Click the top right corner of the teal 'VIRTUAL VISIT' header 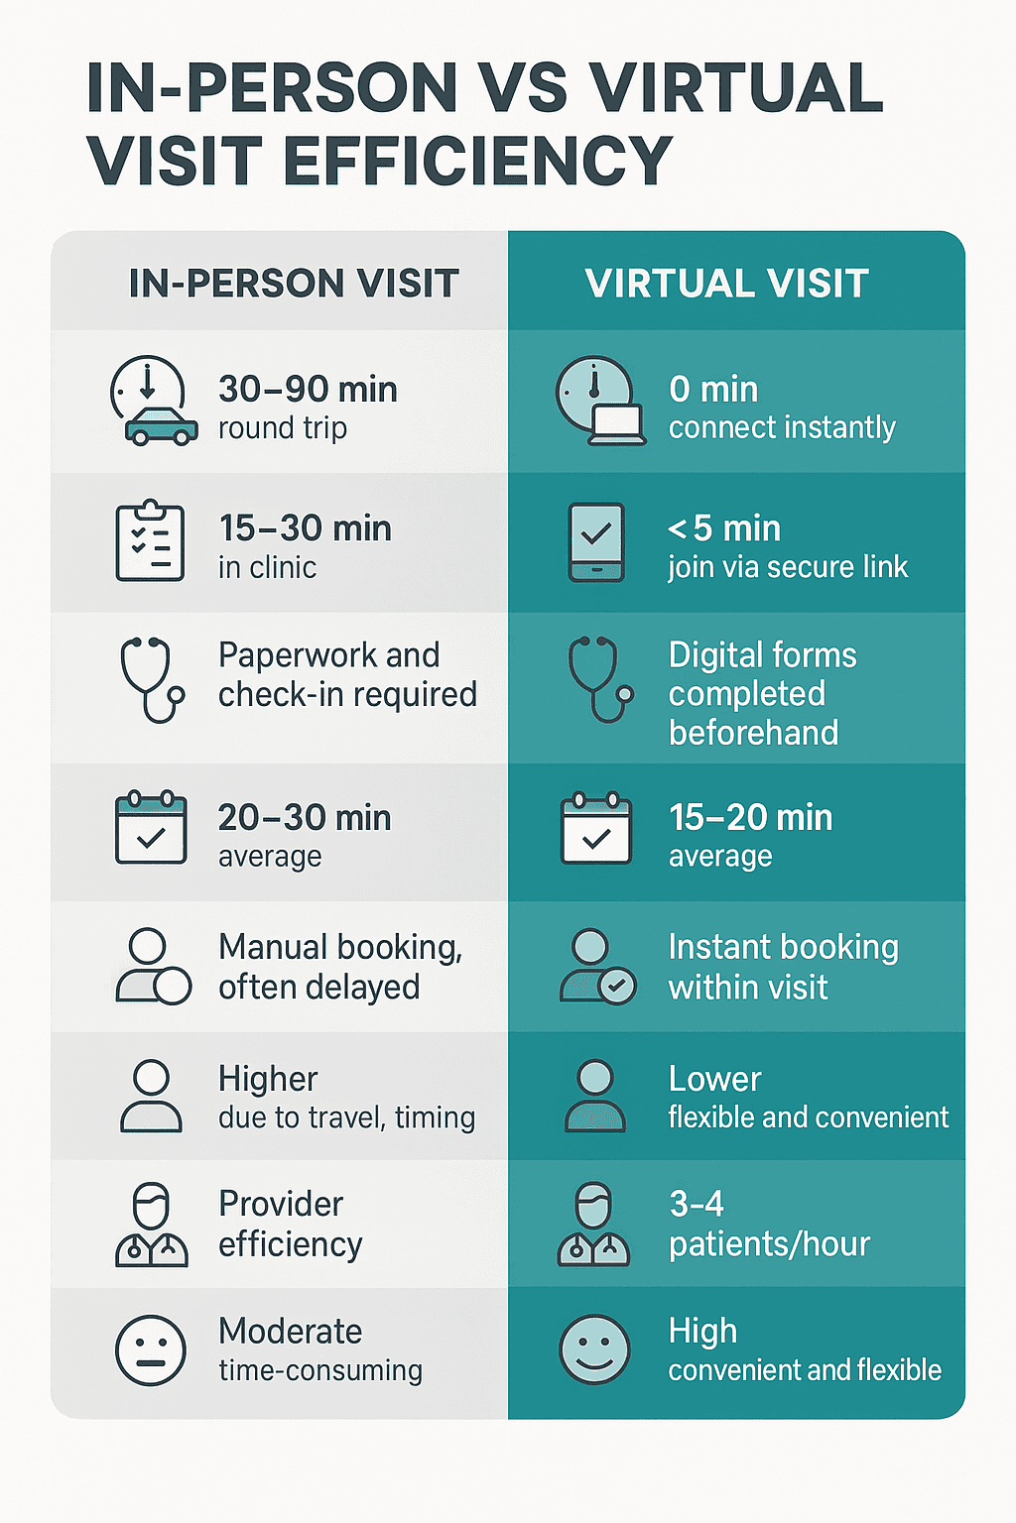click(965, 231)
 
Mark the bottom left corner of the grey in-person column click(51, 1418)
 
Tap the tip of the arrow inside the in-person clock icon click(148, 397)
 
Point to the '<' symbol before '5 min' click(677, 528)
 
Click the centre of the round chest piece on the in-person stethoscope click(177, 695)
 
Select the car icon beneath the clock click(162, 426)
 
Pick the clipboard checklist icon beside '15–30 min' click(150, 541)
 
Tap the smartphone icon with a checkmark click(596, 542)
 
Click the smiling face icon click(594, 1348)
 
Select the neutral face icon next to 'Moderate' click(151, 1349)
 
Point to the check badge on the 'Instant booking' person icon click(618, 987)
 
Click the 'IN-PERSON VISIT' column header click(294, 283)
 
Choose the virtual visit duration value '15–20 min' click(751, 817)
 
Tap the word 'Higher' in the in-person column click(268, 1079)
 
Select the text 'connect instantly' click(782, 427)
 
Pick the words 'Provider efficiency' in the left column click(291, 1225)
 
